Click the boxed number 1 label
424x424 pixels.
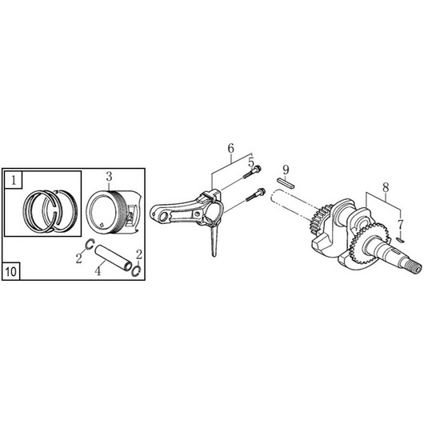click(14, 180)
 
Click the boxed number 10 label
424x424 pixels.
click(11, 271)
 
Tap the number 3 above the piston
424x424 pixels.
click(109, 177)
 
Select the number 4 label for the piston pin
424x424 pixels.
click(98, 271)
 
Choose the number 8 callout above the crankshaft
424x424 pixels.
click(386, 187)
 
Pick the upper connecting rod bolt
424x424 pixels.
click(252, 172)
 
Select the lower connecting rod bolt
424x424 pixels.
click(255, 194)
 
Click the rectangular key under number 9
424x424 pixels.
click(286, 182)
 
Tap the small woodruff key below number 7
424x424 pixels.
click(400, 239)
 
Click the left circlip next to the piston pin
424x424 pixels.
click(90, 244)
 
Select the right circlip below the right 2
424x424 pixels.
click(136, 271)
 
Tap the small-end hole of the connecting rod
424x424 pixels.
click(163, 217)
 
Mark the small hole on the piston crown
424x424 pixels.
click(101, 224)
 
